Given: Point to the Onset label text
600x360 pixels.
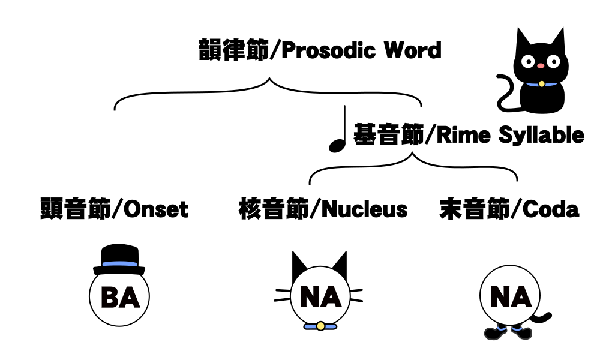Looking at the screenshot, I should pos(154,209).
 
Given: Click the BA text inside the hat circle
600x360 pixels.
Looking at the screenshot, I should pos(119,297).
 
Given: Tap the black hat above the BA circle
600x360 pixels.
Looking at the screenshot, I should pos(119,255).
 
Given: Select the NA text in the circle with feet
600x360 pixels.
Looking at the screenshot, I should pos(511,297).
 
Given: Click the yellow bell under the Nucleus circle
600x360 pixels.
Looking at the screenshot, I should pos(320,326).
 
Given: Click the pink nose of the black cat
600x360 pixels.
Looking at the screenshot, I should pos(541,65).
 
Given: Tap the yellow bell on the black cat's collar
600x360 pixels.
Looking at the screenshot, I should pos(541,84).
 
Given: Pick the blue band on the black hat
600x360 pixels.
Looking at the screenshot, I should pos(119,263).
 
